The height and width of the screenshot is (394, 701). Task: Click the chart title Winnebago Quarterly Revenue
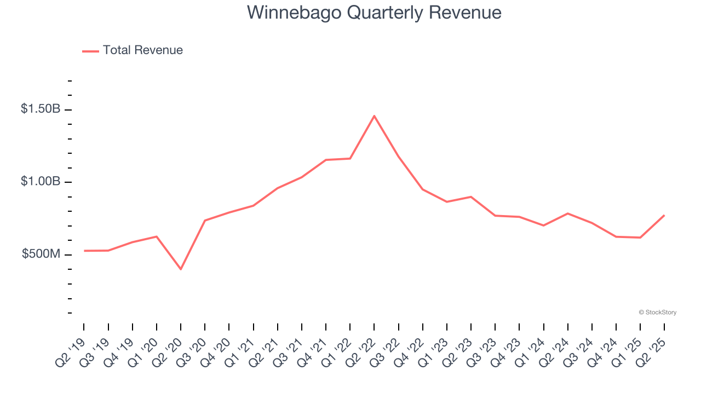pyautogui.click(x=374, y=12)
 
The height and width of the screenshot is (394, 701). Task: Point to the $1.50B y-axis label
pyautogui.click(x=41, y=109)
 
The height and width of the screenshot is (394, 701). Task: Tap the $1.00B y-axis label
pyautogui.click(x=41, y=182)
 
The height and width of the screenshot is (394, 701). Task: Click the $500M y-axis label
pyautogui.click(x=41, y=254)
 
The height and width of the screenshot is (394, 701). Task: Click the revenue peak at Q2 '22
pyautogui.click(x=374, y=115)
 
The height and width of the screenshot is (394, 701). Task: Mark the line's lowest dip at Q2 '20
pyautogui.click(x=181, y=269)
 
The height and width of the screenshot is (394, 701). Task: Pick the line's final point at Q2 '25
pyautogui.click(x=664, y=215)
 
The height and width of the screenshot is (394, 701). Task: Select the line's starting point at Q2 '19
pyautogui.click(x=84, y=251)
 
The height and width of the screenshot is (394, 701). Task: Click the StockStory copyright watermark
pyautogui.click(x=657, y=312)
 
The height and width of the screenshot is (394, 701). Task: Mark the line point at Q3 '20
pyautogui.click(x=205, y=221)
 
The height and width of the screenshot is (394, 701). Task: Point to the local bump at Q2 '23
pyautogui.click(x=471, y=196)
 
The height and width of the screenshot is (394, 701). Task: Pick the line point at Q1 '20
pyautogui.click(x=157, y=236)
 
